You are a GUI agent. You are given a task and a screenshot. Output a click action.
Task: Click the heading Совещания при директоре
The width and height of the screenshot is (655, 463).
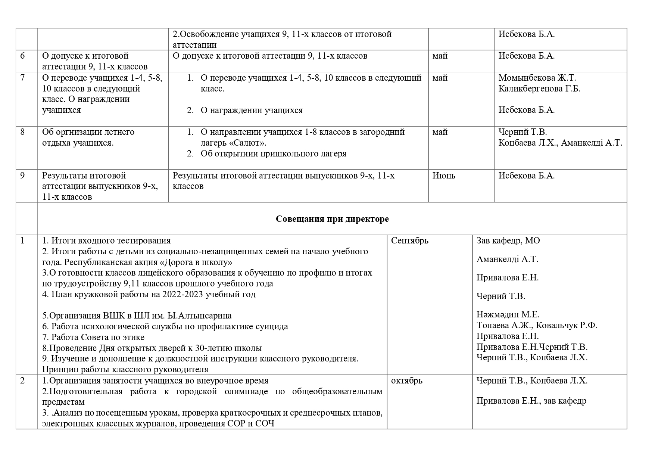[332, 219]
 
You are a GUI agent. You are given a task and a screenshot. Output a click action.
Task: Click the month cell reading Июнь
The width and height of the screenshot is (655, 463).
[444, 175]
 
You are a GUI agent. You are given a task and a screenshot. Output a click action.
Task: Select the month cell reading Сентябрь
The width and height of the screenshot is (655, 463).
[409, 240]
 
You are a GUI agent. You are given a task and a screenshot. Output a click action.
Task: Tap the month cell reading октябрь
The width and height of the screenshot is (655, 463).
[407, 380]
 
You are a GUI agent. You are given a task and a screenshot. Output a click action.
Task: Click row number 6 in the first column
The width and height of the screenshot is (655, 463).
[22, 56]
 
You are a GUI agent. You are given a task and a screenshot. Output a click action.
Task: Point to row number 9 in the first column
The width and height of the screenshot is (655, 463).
[22, 175]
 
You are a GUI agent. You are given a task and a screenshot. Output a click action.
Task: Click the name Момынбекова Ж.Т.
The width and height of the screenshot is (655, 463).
[537, 78]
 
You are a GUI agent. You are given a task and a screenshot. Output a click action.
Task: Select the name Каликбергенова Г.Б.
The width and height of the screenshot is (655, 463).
[539, 88]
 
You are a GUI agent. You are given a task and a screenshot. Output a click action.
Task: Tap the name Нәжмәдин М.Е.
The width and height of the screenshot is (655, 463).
[508, 314]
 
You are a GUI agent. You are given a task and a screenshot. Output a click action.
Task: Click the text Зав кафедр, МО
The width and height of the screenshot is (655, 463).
[508, 240]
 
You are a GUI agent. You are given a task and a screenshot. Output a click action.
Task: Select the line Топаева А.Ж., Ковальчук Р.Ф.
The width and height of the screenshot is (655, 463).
[537, 325]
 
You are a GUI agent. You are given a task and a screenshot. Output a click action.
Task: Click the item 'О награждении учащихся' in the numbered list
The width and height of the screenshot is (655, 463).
[252, 110]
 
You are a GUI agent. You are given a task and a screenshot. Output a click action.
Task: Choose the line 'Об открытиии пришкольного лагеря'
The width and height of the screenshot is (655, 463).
[273, 153]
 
